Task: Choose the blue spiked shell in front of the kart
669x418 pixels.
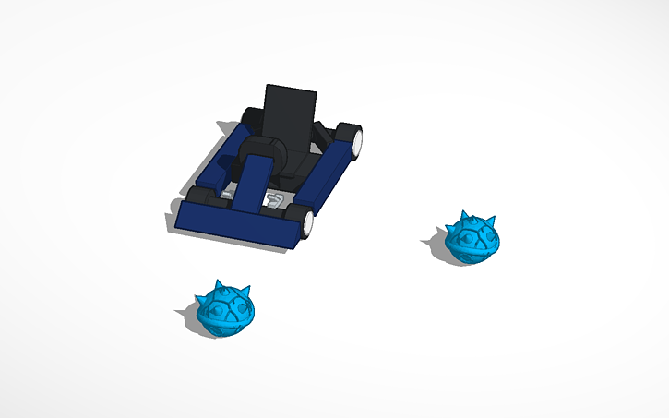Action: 225,310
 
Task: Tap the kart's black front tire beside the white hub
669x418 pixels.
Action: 294,219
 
